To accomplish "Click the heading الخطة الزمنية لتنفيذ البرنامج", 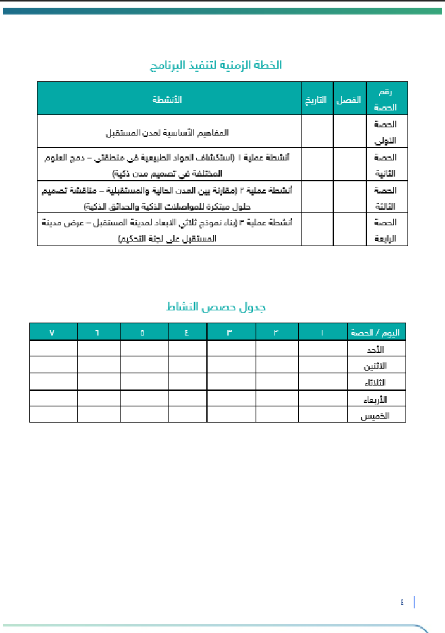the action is (215, 65).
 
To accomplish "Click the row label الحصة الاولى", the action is (385, 132).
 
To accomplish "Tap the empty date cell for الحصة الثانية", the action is (317, 165).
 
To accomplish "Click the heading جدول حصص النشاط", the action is (216, 307).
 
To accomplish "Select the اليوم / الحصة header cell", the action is (377, 332).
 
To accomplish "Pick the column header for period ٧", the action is (53, 332).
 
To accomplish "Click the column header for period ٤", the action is (187, 332).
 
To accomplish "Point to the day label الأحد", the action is (376, 349).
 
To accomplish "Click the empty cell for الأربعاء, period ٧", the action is (53, 399).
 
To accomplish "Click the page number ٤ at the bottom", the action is (401, 602).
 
